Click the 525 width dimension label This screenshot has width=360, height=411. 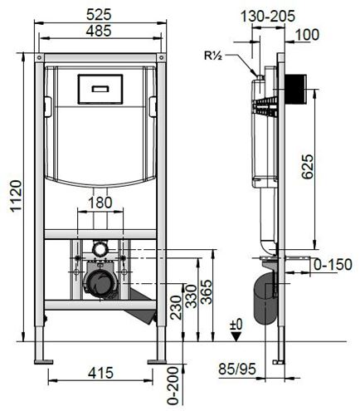tap(99, 14)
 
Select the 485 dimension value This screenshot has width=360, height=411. tap(99, 31)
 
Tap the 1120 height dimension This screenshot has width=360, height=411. tap(16, 196)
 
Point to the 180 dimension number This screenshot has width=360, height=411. tap(100, 203)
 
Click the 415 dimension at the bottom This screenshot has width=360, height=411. tap(100, 373)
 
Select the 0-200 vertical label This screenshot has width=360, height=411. tap(173, 386)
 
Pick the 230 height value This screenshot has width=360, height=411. tap(176, 307)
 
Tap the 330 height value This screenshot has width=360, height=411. tap(192, 296)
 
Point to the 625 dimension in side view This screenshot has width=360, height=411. tap(308, 167)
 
